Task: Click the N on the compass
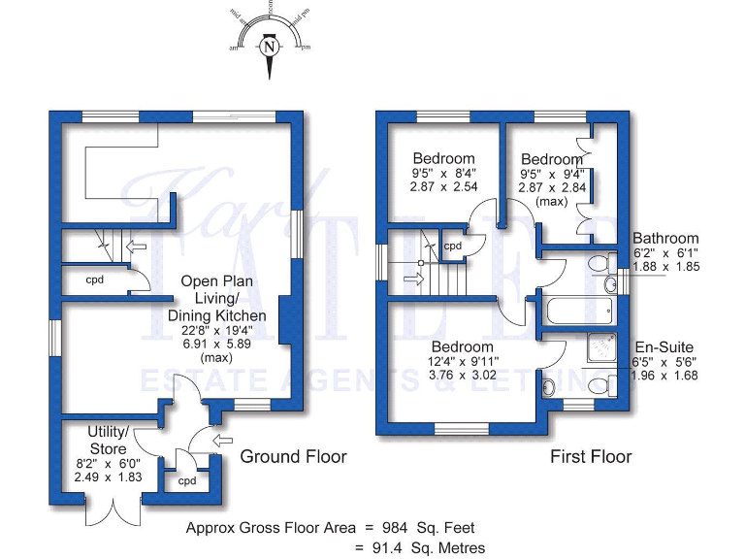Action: (x=270, y=45)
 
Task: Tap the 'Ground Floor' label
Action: (x=293, y=456)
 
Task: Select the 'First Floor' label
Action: (x=591, y=456)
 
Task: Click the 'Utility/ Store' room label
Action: (x=108, y=440)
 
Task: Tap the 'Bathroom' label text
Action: (x=665, y=239)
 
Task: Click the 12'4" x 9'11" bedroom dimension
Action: (x=463, y=363)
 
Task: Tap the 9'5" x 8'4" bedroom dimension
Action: (x=444, y=174)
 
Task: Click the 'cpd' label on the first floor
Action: (x=453, y=246)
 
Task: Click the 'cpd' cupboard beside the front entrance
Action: (x=187, y=480)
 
